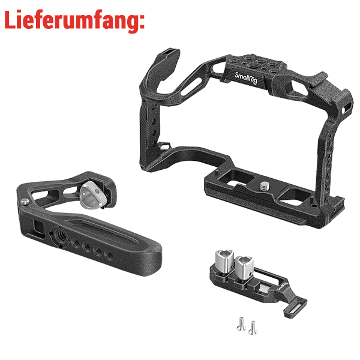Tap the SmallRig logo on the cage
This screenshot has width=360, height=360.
247,78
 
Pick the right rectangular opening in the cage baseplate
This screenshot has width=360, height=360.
296,195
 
